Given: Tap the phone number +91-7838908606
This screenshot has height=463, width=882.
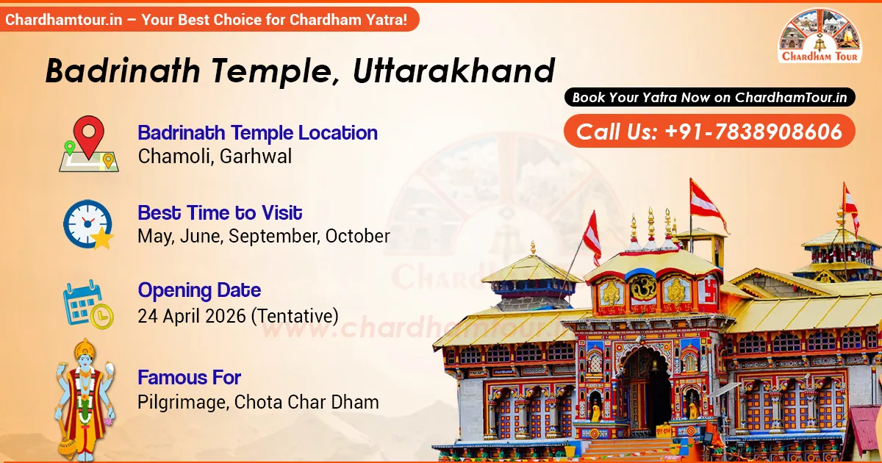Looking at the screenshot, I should (x=753, y=132).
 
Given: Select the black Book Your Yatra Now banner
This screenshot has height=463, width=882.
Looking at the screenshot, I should (x=709, y=97).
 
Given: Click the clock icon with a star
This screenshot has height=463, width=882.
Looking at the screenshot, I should (x=88, y=223).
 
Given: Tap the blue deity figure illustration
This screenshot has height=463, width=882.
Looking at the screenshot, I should (x=83, y=397).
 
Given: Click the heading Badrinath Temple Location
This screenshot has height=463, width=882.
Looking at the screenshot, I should (x=257, y=133).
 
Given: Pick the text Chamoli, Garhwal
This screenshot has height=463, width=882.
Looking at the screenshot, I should (x=215, y=156).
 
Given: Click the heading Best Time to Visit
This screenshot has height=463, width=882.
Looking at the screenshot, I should (x=220, y=213).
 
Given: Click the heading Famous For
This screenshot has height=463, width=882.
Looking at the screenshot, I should (x=189, y=378).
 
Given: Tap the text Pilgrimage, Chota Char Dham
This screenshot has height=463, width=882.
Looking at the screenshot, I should (x=258, y=402).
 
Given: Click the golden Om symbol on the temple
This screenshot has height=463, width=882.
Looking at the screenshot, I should (x=641, y=287).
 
